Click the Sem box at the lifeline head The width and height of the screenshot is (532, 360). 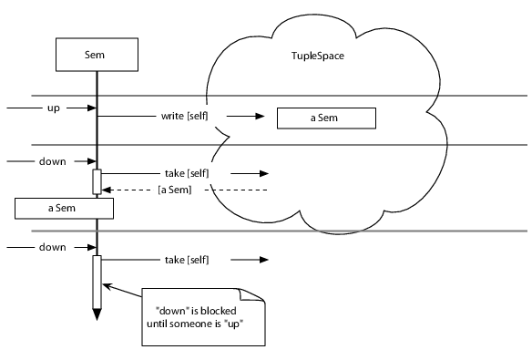[x=96, y=55]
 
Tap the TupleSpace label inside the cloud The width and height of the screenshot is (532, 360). [x=311, y=57]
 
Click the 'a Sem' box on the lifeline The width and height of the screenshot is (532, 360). [x=63, y=208]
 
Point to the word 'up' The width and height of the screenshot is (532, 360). [x=53, y=108]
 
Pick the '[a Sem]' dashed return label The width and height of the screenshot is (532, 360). [x=174, y=190]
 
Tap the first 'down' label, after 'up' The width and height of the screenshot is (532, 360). [x=51, y=162]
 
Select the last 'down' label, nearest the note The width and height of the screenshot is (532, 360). [x=51, y=246]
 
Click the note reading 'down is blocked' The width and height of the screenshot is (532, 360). [x=202, y=317]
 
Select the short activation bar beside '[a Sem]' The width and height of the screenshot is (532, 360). [x=96, y=181]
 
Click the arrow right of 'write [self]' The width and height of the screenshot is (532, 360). [x=241, y=118]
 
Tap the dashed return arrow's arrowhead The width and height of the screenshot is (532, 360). [x=107, y=190]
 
